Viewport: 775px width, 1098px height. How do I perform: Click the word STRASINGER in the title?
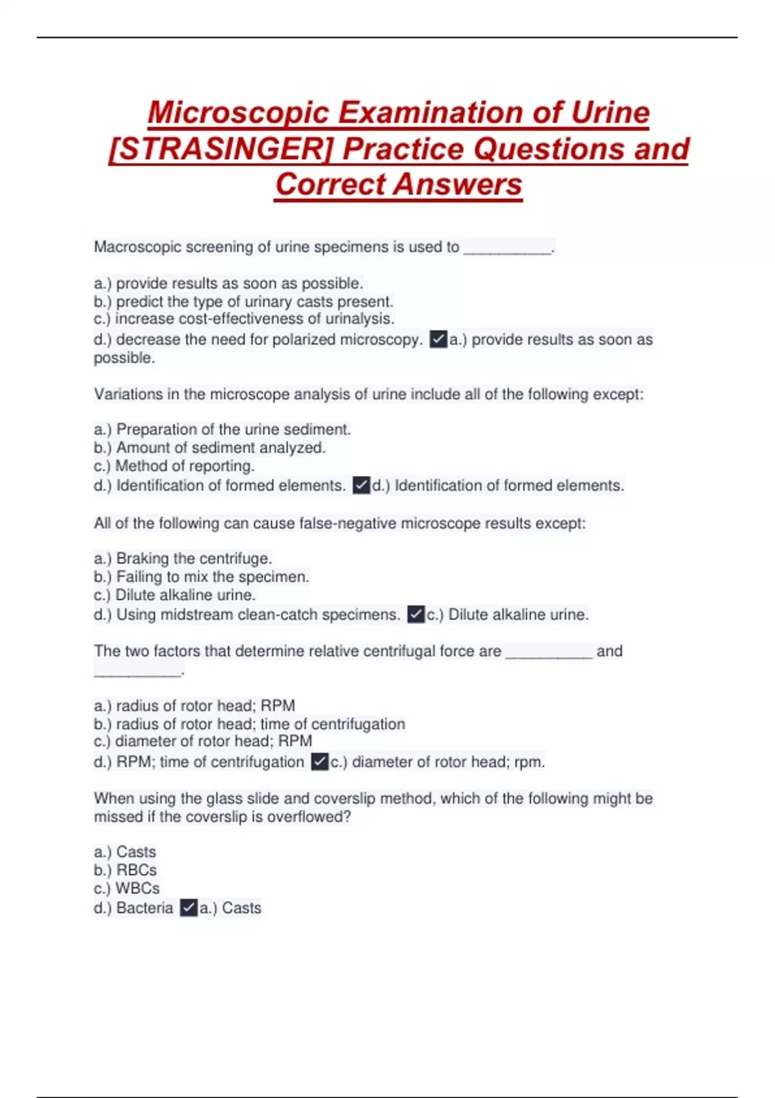coord(220,149)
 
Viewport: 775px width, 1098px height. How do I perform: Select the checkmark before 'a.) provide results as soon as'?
coord(439,340)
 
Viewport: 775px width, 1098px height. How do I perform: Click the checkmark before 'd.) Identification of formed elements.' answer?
coord(361,485)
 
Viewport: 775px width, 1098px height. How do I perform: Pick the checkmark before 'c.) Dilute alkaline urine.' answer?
coord(416,614)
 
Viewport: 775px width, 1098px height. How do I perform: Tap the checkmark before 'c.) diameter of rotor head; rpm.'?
coord(320,762)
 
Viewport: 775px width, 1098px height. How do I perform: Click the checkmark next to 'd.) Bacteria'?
coord(189,908)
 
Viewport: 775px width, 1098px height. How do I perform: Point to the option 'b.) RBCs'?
coord(125,870)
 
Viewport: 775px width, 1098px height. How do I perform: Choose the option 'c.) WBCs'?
coord(127,888)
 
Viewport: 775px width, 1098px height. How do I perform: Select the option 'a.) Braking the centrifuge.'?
coord(183,558)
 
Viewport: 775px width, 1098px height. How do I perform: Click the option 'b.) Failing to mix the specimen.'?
coord(201,576)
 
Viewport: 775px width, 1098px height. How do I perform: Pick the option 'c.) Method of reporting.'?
coord(174,466)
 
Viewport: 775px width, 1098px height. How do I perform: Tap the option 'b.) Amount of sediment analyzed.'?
coord(209,448)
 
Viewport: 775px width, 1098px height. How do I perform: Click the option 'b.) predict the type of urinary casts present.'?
coord(243,302)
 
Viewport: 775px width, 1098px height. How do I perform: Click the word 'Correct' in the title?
coord(330,185)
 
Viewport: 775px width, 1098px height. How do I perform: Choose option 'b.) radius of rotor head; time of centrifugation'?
coord(249,724)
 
